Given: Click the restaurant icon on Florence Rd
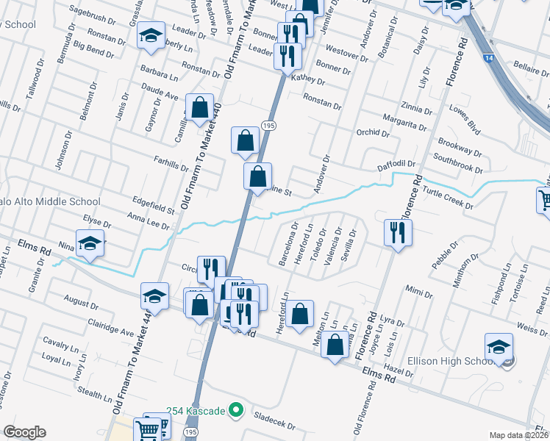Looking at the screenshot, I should [x=397, y=233].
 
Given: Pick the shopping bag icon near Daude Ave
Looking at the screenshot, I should [x=199, y=108].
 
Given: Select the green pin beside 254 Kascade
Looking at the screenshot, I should [x=235, y=409].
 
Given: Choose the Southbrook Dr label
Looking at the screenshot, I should [x=457, y=157].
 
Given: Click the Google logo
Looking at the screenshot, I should [x=24, y=432].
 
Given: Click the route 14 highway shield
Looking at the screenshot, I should [x=488, y=57].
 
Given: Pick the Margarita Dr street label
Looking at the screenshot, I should [x=406, y=122].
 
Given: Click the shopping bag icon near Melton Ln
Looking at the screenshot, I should [x=335, y=344].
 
